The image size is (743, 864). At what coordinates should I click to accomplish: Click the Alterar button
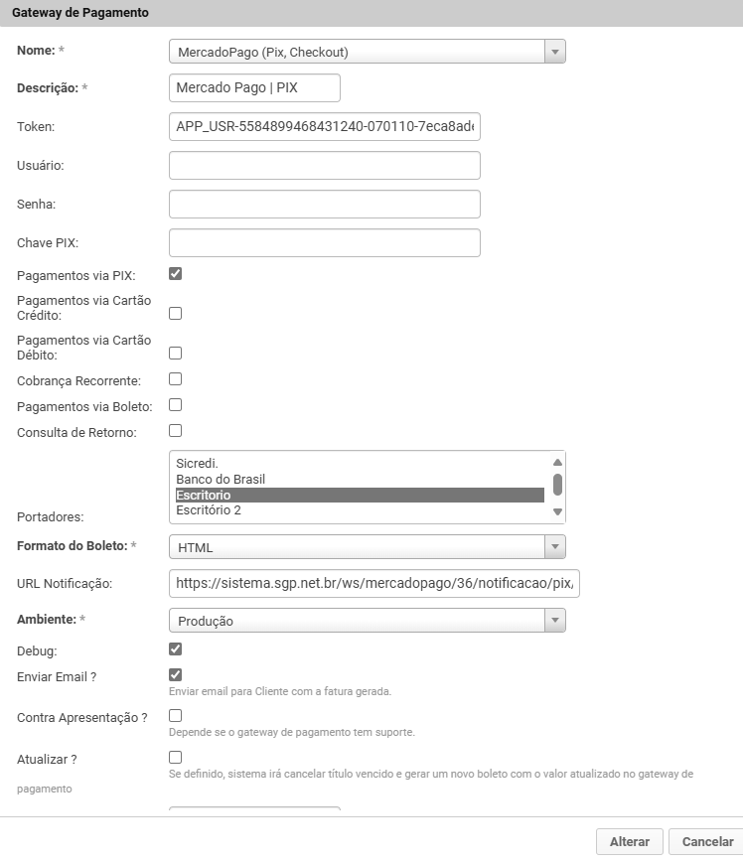point(629,841)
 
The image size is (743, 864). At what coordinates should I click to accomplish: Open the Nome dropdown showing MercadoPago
point(368,52)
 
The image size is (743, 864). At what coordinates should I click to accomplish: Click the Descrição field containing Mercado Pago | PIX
point(255,88)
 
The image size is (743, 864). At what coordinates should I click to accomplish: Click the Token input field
point(325,127)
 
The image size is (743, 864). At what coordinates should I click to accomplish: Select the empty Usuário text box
point(325,166)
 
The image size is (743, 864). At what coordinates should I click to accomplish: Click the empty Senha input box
point(325,205)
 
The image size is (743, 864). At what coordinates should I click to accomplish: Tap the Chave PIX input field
point(325,243)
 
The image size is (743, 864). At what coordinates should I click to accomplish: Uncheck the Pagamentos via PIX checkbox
point(176,274)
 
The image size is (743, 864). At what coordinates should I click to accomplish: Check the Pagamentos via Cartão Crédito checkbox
point(176,314)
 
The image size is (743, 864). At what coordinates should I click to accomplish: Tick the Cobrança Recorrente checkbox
point(176,379)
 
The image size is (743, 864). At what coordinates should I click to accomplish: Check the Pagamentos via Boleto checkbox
point(176,405)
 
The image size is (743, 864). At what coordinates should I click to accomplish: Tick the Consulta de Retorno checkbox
point(176,431)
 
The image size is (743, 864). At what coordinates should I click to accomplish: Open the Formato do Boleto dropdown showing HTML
point(368,547)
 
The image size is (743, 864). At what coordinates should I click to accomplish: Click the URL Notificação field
point(373,583)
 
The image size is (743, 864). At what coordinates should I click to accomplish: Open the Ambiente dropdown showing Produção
point(368,621)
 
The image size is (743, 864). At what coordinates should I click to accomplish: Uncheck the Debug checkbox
point(176,649)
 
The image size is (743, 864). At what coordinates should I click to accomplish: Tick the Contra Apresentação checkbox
point(176,715)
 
